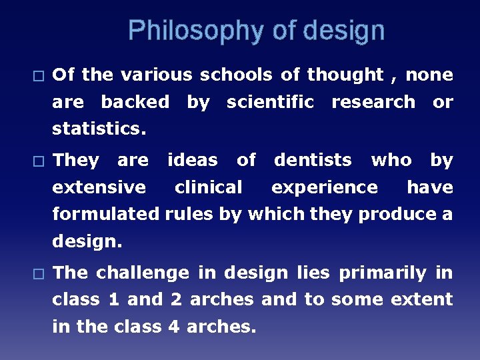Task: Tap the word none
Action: coord(429,75)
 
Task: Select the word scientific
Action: coord(270,102)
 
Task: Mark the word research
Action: coord(373,102)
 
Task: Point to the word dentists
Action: coord(313,160)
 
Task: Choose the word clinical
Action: coord(209,187)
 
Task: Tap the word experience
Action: coord(324,187)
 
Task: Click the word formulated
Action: coord(106,214)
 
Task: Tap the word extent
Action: coord(420,299)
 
